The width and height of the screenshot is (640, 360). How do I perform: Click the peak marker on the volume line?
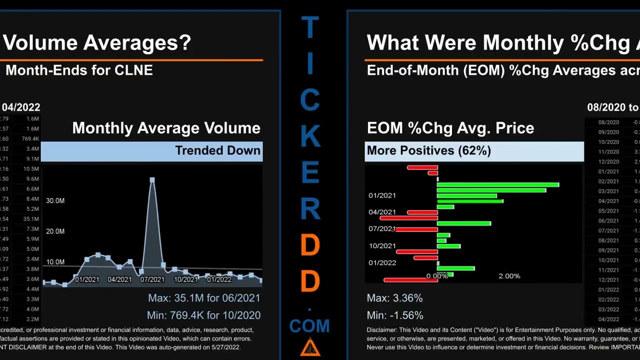152,180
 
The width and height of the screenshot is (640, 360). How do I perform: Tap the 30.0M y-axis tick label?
55,200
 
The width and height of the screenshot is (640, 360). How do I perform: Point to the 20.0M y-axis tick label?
55,231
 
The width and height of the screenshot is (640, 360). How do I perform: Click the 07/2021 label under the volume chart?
152,279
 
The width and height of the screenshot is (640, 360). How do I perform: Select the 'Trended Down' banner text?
217,150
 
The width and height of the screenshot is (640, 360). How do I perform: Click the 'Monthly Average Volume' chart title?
166,128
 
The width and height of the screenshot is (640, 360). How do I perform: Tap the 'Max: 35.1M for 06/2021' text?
204,298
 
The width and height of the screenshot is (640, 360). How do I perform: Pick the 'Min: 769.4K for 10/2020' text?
203,315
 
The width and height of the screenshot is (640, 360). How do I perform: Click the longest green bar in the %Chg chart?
497,184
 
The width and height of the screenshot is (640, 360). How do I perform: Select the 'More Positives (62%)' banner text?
428,150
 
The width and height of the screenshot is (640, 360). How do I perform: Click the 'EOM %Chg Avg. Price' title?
450,128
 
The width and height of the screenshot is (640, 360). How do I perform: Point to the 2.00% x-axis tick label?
509,276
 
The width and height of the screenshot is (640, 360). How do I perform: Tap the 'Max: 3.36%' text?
394,298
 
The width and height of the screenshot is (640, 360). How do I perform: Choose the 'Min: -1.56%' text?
395,315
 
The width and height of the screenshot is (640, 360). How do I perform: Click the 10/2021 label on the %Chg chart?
382,246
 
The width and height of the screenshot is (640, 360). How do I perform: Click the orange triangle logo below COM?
310,347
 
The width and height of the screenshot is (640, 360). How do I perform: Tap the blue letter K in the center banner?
310,135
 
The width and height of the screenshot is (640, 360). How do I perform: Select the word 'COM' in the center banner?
309,326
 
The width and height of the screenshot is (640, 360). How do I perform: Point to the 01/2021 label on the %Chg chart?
382,195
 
